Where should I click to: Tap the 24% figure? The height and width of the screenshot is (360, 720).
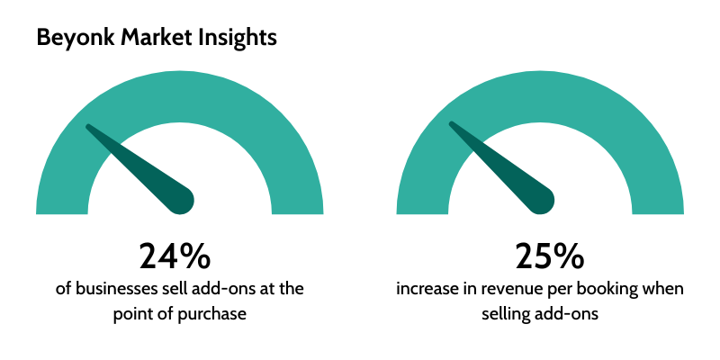click(175, 256)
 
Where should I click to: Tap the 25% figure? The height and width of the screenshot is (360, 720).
click(550, 256)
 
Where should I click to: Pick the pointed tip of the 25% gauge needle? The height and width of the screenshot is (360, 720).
click(451, 123)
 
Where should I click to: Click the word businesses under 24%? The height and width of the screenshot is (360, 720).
click(115, 289)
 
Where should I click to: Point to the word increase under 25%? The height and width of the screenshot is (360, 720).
click(425, 290)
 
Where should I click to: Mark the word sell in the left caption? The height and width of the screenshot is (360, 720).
click(172, 289)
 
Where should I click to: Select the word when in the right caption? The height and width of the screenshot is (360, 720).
click(664, 289)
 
